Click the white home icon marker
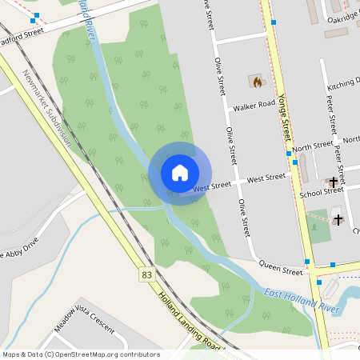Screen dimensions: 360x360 (x=179, y=173)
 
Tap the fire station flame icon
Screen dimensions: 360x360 (x=257, y=81)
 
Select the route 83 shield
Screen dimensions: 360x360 (x=146, y=274)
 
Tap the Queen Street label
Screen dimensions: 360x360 (x=280, y=270)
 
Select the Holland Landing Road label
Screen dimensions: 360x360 (x=188, y=321)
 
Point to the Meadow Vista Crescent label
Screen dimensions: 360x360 (x=83, y=328)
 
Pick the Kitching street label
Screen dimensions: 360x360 (x=344, y=82)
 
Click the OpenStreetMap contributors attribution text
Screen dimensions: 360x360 (x=81, y=354)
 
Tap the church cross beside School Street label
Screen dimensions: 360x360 (x=333, y=182)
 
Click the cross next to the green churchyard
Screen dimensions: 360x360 (x=338, y=218)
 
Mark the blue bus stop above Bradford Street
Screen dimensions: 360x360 (x=36, y=15)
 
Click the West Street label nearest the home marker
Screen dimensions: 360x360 (x=212, y=186)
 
